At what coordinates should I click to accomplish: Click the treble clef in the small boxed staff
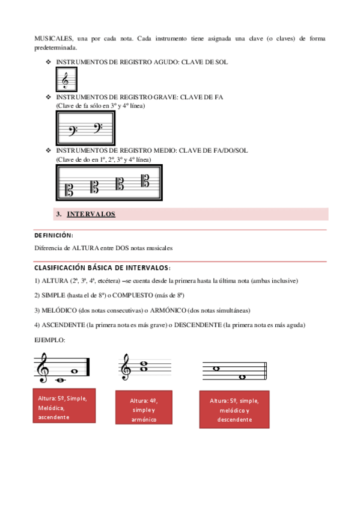66,80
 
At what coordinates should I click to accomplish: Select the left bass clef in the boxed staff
73,131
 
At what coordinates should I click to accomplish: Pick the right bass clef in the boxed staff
98,128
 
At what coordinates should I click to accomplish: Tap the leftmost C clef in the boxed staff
69,190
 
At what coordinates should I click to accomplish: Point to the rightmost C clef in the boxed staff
145,180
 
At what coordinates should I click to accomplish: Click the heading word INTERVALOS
91,214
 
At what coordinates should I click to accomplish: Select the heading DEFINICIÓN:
54,235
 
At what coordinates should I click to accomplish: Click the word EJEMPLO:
50,340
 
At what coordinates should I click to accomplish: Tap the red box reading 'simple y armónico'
144,407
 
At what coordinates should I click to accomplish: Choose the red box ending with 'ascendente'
64,405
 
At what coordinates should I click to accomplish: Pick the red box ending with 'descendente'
234,410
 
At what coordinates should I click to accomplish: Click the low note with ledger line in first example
61,380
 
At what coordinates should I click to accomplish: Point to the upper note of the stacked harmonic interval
144,364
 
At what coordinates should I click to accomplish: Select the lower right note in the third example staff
242,377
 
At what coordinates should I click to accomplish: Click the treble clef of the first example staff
42,368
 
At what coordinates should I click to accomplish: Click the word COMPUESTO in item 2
133,295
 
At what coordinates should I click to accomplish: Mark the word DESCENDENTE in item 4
198,325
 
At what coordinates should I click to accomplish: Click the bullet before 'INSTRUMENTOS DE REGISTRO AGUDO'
49,62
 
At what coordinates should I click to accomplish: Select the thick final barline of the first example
88,367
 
